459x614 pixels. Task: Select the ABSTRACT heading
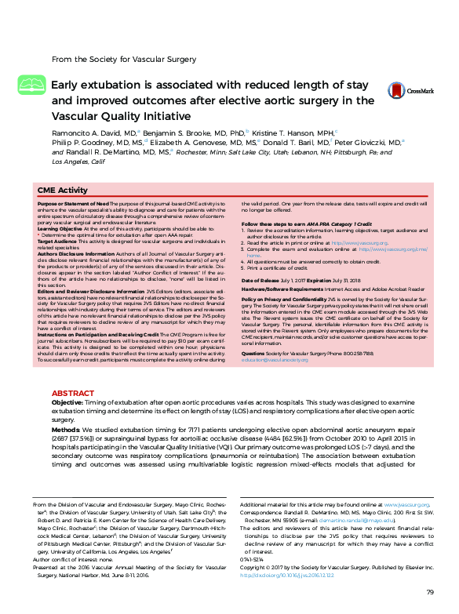pos(73,392)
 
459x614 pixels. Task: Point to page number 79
pos(429,591)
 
